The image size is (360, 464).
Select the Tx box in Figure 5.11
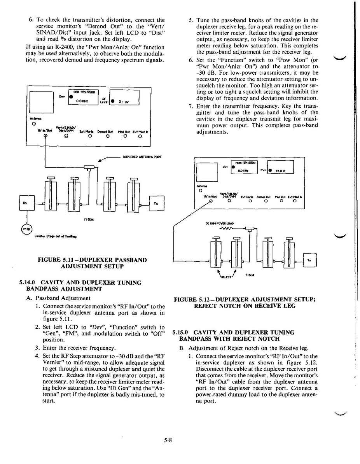point(156,203)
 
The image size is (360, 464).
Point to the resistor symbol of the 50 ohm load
point(226,228)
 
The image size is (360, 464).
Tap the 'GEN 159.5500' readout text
point(83,92)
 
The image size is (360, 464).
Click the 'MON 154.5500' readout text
point(243,163)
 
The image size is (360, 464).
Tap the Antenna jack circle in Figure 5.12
point(200,191)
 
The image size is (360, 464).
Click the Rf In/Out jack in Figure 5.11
point(45,136)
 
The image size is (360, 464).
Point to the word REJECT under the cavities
point(226,277)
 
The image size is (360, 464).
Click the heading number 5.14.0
point(28,282)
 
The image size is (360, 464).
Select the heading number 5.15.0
point(180,333)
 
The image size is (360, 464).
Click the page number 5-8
point(168,440)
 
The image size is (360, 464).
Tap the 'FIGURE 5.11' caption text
point(53,260)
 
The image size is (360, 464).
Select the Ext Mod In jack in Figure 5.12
point(295,201)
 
